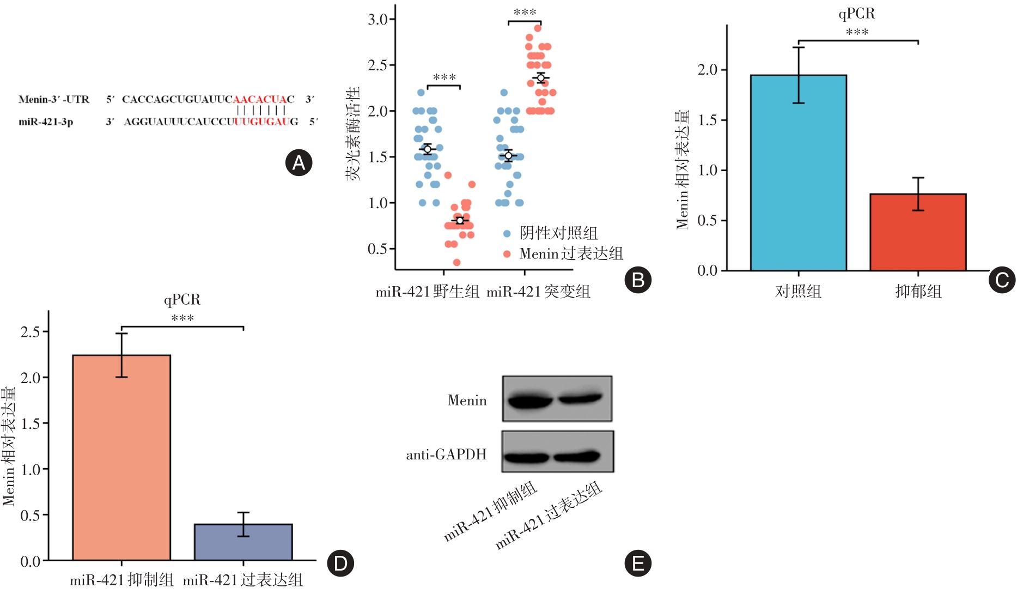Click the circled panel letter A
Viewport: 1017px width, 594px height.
(x=299, y=162)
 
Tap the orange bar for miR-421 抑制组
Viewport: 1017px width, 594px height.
(x=121, y=457)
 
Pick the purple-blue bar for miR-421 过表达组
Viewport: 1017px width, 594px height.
(x=243, y=542)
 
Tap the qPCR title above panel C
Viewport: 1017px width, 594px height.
(x=856, y=14)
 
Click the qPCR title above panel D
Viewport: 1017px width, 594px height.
(x=182, y=300)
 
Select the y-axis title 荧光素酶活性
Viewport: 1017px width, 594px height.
(x=353, y=134)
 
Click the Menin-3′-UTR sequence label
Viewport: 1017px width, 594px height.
(x=54, y=99)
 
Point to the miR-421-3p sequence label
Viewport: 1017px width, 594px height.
(x=46, y=122)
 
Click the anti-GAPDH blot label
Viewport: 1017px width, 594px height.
(x=446, y=454)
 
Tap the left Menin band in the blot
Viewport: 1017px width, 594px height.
(x=529, y=402)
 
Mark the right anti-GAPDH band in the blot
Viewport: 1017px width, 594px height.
(x=577, y=455)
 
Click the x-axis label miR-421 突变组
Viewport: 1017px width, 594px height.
(x=538, y=292)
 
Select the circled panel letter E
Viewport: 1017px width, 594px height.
(x=638, y=563)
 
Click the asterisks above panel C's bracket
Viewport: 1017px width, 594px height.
(x=857, y=32)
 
